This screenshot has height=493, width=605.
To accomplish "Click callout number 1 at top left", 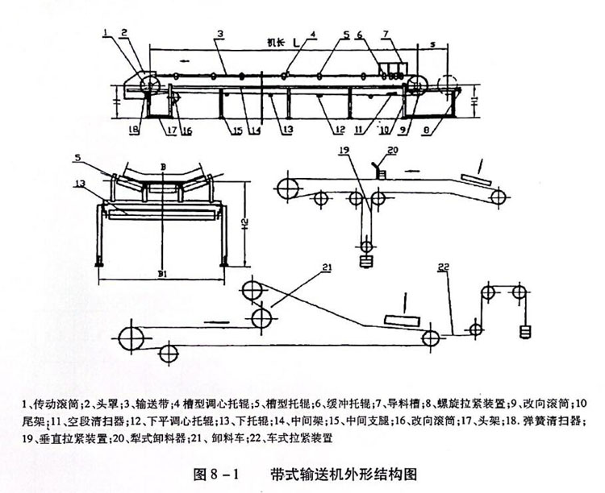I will point(106,32).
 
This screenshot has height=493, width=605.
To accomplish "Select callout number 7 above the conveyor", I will point(410,34).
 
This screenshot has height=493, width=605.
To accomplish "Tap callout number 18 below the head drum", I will point(133,127).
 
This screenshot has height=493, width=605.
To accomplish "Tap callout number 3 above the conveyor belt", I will point(219,34).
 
